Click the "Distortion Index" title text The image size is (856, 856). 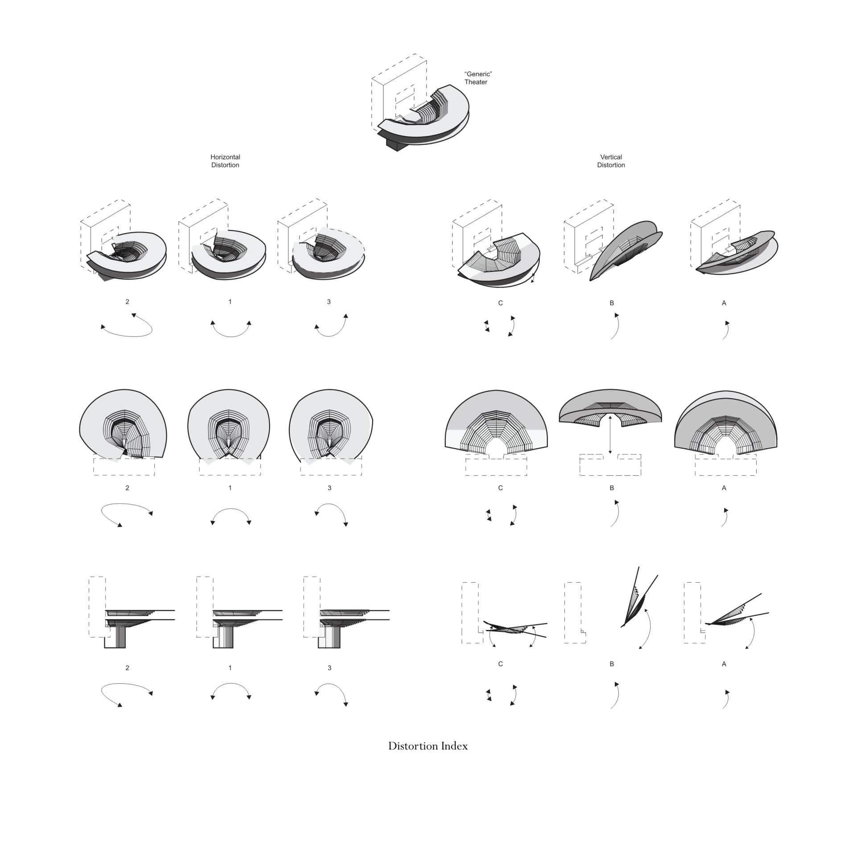[x=428, y=746]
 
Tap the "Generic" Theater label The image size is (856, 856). [x=478, y=78]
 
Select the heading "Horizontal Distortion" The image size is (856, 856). [x=225, y=161]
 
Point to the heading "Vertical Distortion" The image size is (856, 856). [x=611, y=161]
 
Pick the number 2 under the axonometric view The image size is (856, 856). [x=127, y=302]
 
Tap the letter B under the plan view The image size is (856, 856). [x=612, y=488]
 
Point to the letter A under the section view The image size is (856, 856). [x=724, y=664]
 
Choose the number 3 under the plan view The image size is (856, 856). [x=329, y=488]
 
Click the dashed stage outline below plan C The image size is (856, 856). [x=496, y=465]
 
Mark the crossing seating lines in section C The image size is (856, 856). [x=515, y=629]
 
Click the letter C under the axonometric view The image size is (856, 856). [x=500, y=303]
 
